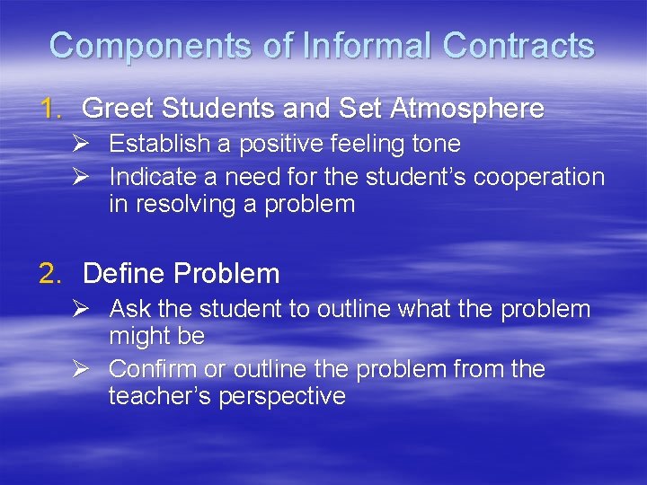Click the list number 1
click(50, 110)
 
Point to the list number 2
click(50, 273)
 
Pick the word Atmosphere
click(467, 110)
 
